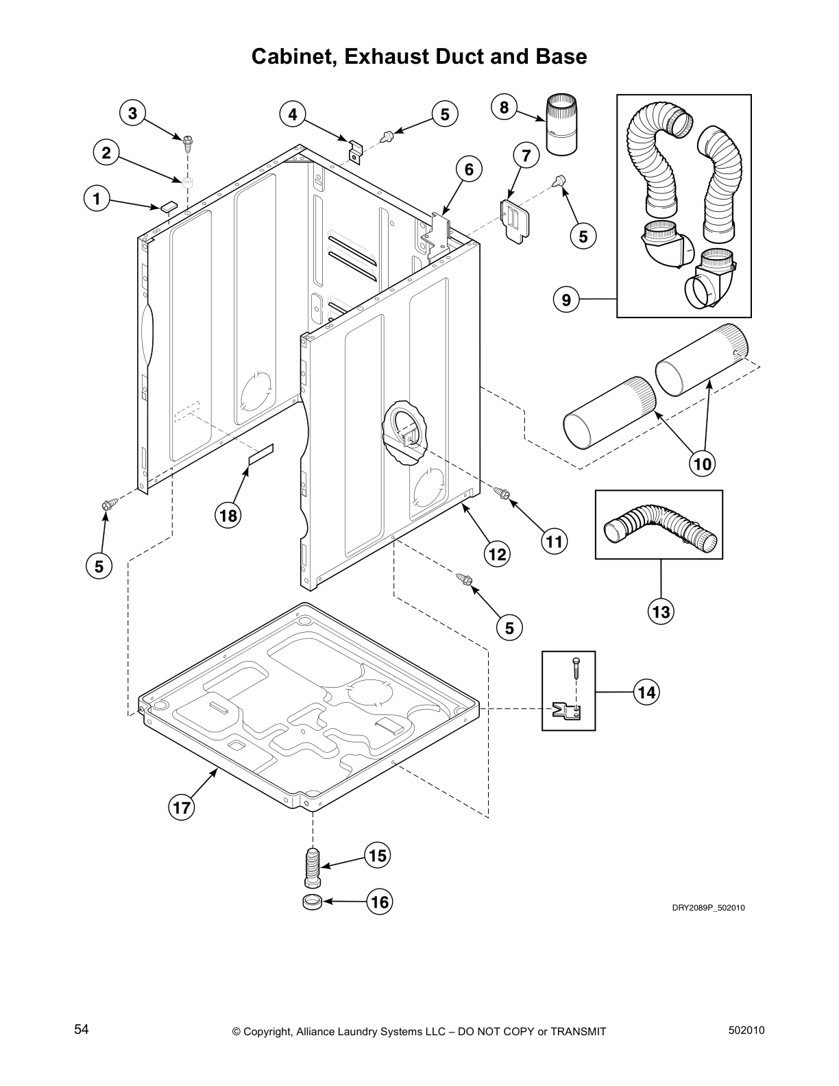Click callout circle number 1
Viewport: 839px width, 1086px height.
(97, 200)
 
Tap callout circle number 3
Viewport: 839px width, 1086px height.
(132, 113)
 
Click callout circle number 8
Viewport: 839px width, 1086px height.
(504, 107)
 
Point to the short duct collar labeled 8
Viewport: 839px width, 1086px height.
(561, 127)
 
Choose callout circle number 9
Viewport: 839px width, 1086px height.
(566, 300)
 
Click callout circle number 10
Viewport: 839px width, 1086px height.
(703, 464)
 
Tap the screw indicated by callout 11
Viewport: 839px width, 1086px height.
(503, 493)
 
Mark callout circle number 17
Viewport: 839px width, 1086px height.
(181, 808)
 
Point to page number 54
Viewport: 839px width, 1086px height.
(82, 1029)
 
